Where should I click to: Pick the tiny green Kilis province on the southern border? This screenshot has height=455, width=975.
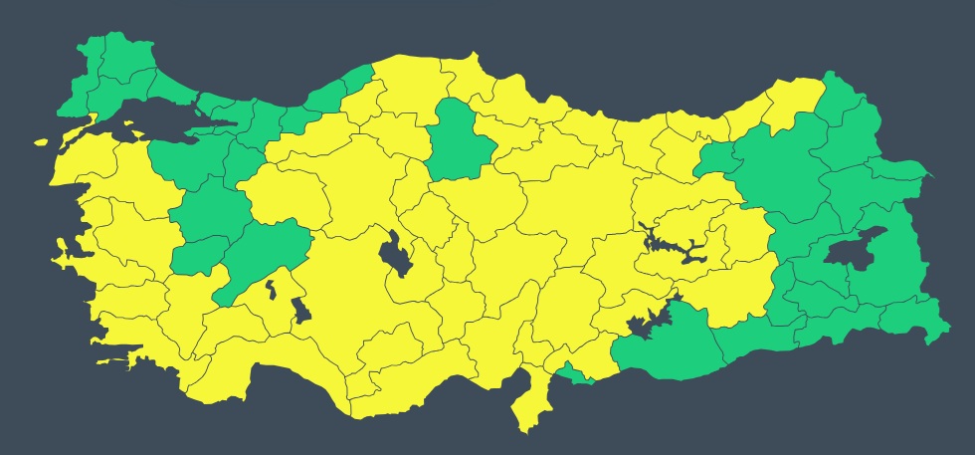pyautogui.click(x=575, y=375)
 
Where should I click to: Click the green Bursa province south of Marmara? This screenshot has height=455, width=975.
pyautogui.click(x=184, y=159)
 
